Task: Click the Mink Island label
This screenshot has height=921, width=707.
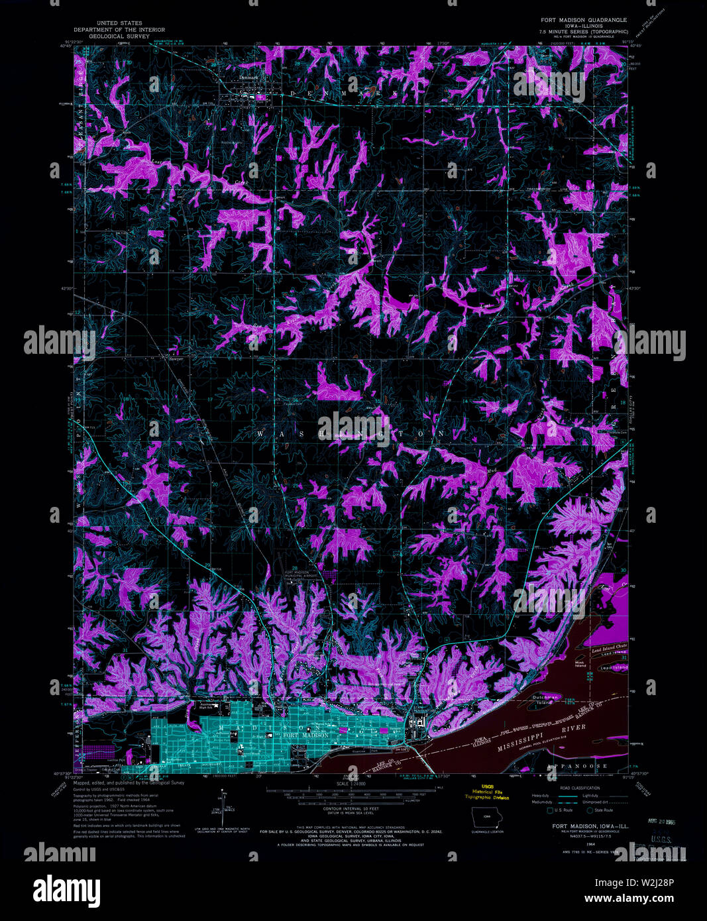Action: [x=580, y=664]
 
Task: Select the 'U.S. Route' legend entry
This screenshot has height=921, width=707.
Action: [x=563, y=810]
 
